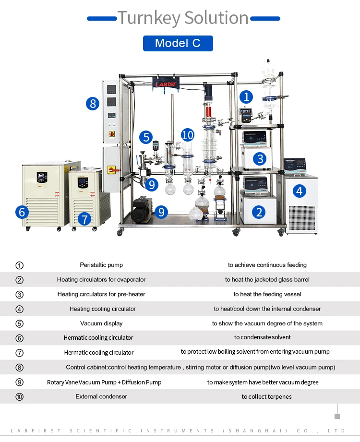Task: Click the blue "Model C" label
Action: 178,43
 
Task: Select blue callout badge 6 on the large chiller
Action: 22,212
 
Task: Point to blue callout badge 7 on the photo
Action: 84,219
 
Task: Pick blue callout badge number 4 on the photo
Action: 300,191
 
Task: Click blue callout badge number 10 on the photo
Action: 188,135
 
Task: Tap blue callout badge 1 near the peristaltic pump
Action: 246,97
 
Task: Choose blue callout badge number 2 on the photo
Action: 259,212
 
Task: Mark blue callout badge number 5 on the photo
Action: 146,137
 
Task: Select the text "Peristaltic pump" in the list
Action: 101,265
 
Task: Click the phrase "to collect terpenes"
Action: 266,396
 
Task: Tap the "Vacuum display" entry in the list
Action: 101,323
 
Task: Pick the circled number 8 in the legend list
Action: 20,368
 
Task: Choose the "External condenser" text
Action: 101,396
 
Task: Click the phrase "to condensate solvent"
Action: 263,337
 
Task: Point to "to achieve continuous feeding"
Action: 267,265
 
